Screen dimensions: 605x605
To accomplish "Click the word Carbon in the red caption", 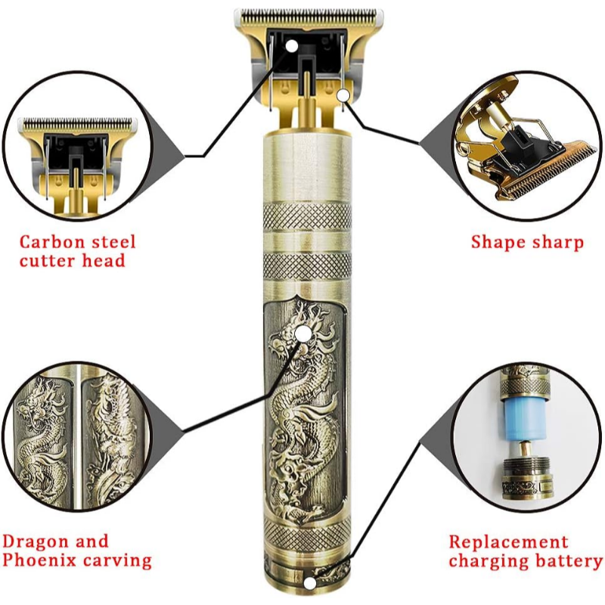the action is pyautogui.click(x=52, y=242).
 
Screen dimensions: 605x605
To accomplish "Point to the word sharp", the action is pyautogui.click(x=558, y=243).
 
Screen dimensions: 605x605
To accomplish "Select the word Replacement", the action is pyautogui.click(x=508, y=542).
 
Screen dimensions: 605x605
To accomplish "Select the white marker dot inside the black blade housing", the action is pyautogui.click(x=292, y=45).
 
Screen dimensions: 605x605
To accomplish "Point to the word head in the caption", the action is pyautogui.click(x=104, y=260).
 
